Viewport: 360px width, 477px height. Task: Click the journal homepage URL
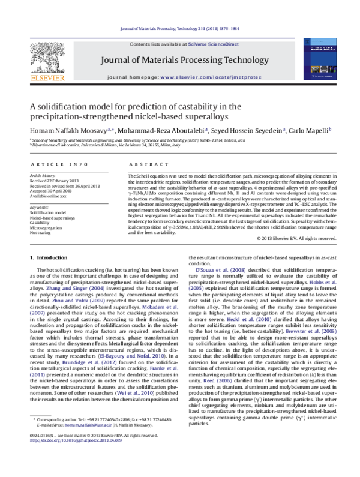point(210,78)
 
